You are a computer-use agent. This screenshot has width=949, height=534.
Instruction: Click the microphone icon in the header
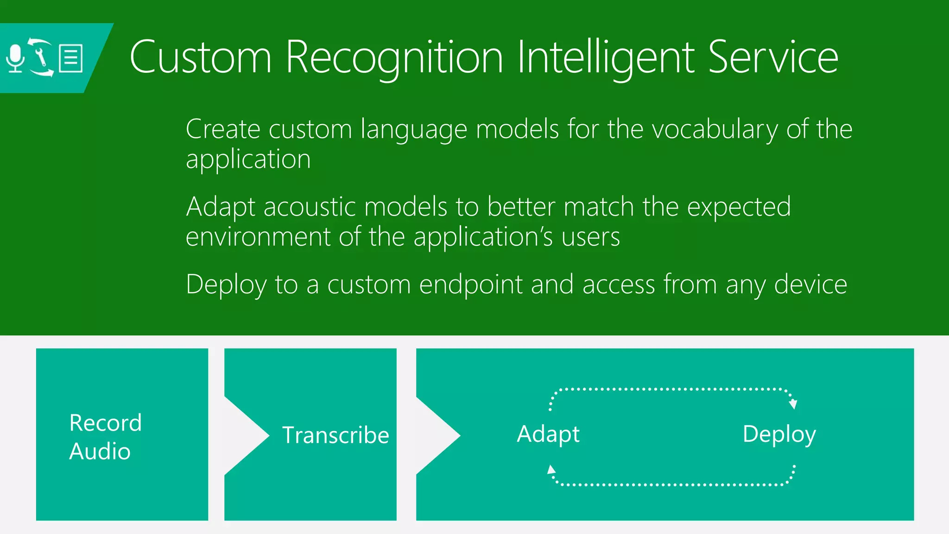pyautogui.click(x=16, y=58)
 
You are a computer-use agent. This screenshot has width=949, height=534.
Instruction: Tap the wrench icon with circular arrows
pyautogui.click(x=41, y=57)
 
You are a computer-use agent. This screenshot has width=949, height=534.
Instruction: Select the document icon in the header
pyautogui.click(x=71, y=58)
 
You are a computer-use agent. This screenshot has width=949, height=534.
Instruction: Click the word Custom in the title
pyautogui.click(x=200, y=57)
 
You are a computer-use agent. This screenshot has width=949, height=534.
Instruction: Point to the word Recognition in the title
pyautogui.click(x=394, y=57)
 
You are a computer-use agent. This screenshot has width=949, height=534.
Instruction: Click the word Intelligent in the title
pyautogui.click(x=606, y=57)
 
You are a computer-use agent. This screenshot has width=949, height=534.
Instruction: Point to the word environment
pyautogui.click(x=258, y=237)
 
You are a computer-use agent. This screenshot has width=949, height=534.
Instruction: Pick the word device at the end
pyautogui.click(x=810, y=284)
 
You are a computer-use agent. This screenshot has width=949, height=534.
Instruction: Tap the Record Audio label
pyautogui.click(x=105, y=437)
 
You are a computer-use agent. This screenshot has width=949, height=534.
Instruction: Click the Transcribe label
pyautogui.click(x=335, y=435)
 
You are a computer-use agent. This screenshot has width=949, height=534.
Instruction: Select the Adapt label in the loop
pyautogui.click(x=548, y=434)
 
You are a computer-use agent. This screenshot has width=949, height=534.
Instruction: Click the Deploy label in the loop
pyautogui.click(x=779, y=434)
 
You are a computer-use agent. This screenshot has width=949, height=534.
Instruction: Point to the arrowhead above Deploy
pyautogui.click(x=793, y=404)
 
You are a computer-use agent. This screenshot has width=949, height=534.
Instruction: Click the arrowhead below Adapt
pyautogui.click(x=551, y=470)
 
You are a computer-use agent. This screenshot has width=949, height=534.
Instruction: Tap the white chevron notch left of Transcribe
pyautogui.click(x=246, y=435)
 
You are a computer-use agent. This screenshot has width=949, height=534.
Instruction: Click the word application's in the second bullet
pyautogui.click(x=483, y=237)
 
